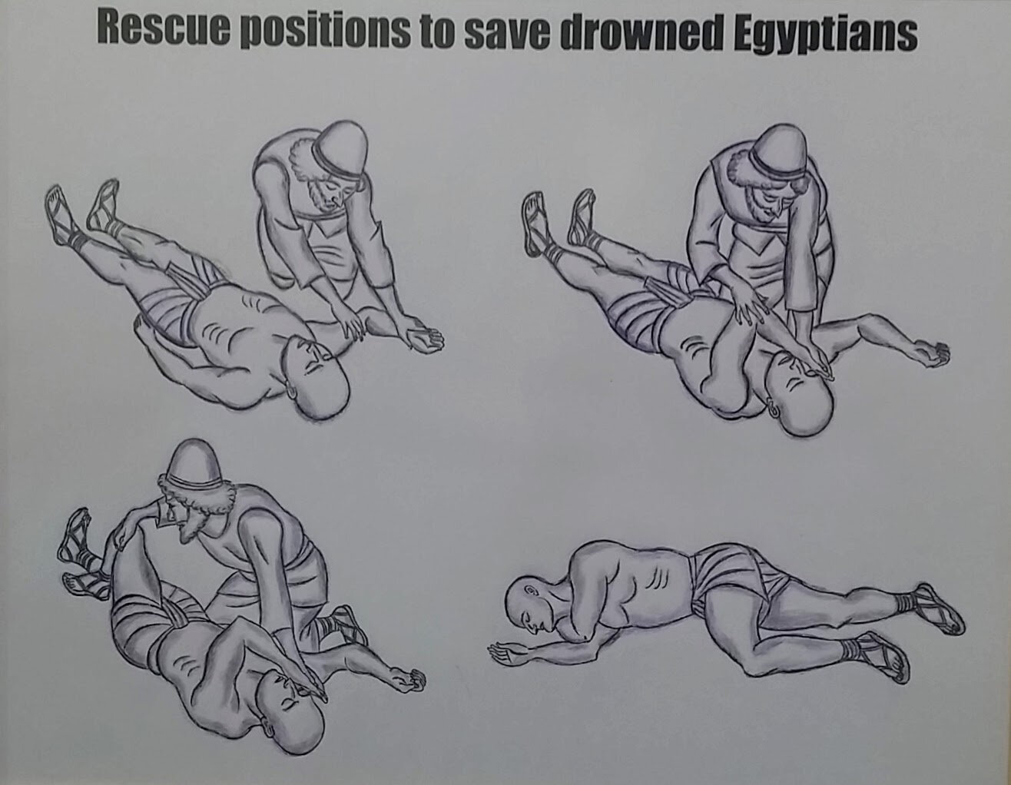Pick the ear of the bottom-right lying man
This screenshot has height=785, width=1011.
tap(530, 592)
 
